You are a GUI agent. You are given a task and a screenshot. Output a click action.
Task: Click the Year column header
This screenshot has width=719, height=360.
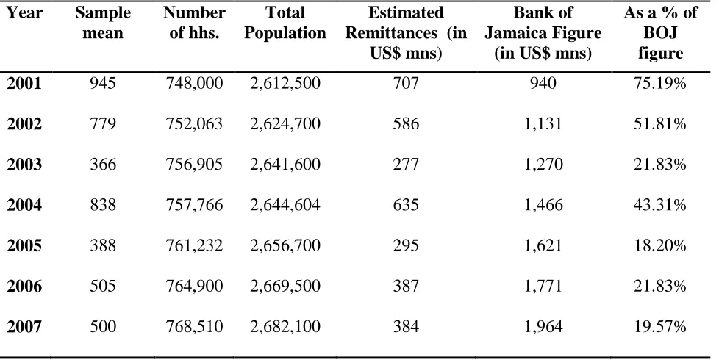25,12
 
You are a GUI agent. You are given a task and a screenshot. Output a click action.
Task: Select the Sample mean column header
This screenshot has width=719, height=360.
103,23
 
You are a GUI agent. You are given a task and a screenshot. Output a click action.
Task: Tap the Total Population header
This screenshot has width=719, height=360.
285,23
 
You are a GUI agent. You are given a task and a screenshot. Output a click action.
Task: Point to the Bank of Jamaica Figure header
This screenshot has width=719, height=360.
543,33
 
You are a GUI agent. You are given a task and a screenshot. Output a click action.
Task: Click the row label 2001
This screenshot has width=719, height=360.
24,83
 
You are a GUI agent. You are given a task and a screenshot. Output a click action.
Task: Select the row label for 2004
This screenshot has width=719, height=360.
24,205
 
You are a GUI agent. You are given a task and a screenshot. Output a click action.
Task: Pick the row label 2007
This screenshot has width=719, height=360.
24,326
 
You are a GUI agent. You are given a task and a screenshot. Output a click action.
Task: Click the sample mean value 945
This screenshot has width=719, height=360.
103,83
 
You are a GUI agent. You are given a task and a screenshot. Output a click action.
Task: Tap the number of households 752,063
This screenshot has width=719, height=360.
194,123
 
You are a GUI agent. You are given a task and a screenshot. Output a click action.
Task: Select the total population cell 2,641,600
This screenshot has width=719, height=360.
285,165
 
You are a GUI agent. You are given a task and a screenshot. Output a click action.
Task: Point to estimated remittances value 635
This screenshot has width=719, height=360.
405,205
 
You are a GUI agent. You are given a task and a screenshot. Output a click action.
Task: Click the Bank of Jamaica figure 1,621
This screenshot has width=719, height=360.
543,245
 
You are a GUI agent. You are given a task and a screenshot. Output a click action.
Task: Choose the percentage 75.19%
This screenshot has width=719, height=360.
660,83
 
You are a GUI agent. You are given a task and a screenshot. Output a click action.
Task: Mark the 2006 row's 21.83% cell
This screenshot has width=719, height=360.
660,286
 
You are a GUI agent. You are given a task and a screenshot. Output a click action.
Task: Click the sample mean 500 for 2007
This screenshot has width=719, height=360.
103,326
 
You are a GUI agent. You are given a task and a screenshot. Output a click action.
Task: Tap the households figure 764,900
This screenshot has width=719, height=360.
194,286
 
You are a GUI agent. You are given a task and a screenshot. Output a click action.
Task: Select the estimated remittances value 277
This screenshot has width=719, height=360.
405,165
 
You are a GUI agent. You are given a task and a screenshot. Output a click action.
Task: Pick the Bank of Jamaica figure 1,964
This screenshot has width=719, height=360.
543,326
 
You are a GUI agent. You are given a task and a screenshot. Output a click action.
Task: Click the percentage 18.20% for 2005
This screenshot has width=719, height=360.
660,245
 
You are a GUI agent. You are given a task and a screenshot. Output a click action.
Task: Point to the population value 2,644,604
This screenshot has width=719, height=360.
285,205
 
